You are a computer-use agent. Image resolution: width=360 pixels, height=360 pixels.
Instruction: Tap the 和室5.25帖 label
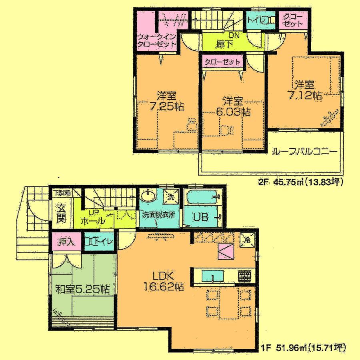(x=83, y=289)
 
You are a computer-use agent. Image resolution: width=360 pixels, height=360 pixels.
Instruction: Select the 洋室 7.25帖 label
(x=167, y=102)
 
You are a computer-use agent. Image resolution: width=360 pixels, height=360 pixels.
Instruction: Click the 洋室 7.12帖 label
(x=305, y=90)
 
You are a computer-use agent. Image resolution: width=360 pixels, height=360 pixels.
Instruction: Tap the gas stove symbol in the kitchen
(x=244, y=276)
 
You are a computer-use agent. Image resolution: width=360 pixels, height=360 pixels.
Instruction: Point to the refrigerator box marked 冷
(x=246, y=240)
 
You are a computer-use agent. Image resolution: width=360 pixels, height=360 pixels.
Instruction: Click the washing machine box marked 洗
(x=170, y=196)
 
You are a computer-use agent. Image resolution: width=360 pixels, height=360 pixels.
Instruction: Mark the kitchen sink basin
(x=212, y=276)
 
